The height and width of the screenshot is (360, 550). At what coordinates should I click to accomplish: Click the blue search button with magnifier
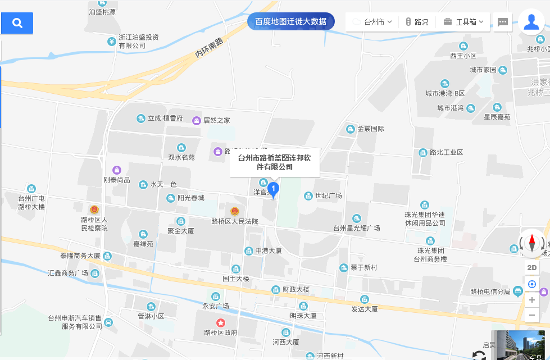click(x=17, y=23)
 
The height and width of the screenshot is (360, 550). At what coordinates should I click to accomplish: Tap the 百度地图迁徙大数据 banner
click(x=290, y=21)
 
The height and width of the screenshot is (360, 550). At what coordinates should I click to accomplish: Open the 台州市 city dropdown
click(x=372, y=22)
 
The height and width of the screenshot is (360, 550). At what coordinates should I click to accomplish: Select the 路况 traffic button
click(x=417, y=22)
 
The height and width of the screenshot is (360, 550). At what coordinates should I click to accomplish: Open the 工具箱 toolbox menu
click(x=463, y=22)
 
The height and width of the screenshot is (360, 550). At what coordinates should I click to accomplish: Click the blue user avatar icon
click(x=531, y=22)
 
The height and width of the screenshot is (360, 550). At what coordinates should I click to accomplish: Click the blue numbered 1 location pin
click(x=273, y=189)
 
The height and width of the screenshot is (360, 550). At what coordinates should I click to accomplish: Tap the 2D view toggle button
click(x=532, y=268)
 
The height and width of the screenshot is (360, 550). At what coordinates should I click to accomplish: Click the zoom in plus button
click(x=532, y=300)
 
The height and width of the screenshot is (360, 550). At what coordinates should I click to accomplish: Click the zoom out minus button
click(x=532, y=315)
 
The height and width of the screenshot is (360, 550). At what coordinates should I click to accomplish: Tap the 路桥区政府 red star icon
click(x=221, y=323)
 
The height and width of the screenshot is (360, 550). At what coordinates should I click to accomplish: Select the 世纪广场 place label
click(x=329, y=195)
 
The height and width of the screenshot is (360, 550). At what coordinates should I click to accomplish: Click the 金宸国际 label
click(x=371, y=129)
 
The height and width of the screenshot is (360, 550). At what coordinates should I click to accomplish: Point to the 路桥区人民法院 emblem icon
click(x=235, y=211)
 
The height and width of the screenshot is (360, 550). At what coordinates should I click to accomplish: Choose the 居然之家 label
click(x=216, y=120)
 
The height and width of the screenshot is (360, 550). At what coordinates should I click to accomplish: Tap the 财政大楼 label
click(x=296, y=290)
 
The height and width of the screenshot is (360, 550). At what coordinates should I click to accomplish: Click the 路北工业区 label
click(x=446, y=152)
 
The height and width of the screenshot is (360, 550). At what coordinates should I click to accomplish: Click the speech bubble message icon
click(x=503, y=22)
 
